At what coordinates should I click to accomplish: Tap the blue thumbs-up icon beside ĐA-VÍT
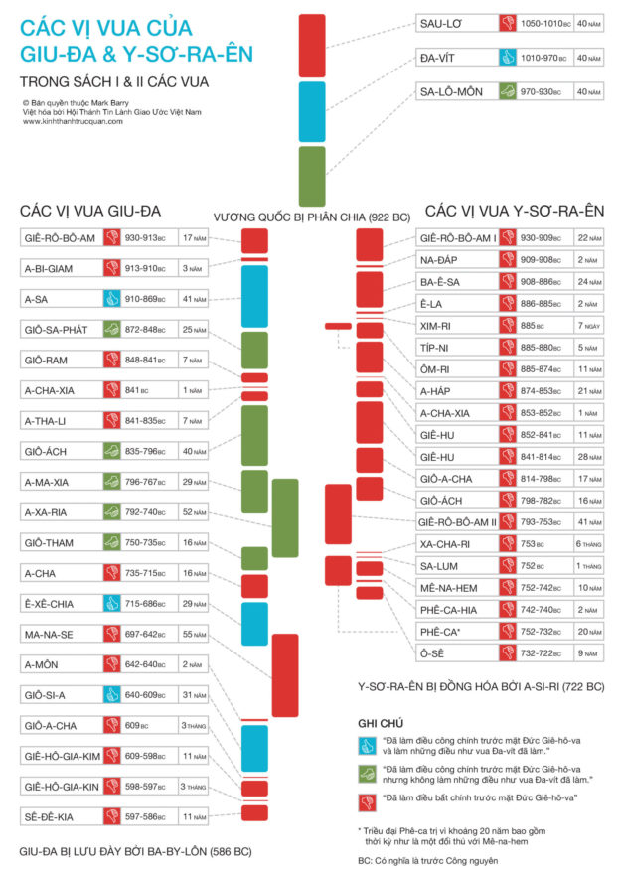tap(507, 57)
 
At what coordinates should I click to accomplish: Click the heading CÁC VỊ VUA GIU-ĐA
tap(90, 211)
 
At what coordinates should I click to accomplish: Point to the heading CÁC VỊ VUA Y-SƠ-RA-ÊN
tap(514, 211)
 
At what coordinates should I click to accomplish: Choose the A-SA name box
tap(60, 297)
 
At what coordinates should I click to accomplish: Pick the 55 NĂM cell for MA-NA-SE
tap(194, 634)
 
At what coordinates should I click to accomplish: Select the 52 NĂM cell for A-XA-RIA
tap(194, 512)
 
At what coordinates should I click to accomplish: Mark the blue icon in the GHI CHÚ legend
tap(366, 746)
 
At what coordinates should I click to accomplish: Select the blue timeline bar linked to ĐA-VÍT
tap(312, 111)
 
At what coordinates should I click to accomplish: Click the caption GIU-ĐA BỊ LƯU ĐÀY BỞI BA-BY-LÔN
tap(135, 851)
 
